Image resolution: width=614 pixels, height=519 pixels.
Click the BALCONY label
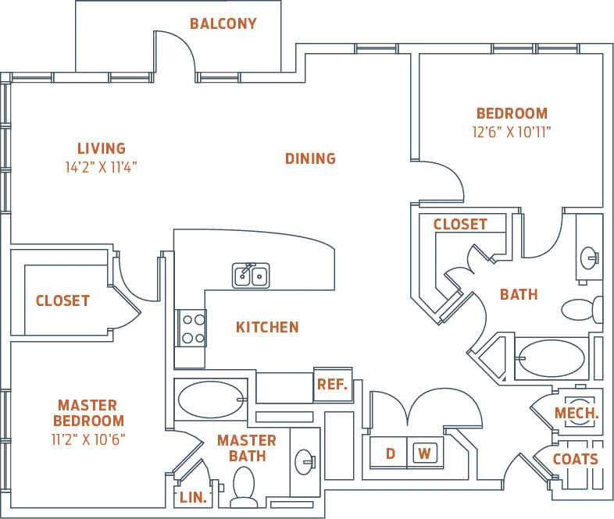click(x=223, y=23)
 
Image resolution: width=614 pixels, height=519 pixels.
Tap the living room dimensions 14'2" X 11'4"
click(x=102, y=166)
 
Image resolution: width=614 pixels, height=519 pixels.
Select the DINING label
click(x=310, y=158)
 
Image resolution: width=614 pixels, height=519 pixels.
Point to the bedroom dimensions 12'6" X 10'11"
click(x=512, y=132)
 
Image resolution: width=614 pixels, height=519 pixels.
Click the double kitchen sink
click(x=251, y=275)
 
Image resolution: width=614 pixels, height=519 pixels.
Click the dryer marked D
click(x=390, y=453)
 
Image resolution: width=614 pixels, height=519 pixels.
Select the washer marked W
click(x=424, y=453)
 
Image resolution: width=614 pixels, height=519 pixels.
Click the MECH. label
click(x=577, y=413)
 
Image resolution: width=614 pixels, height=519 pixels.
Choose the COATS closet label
click(x=576, y=459)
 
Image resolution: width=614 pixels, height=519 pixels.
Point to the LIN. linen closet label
click(x=194, y=497)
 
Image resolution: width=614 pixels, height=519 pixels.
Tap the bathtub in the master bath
click(x=210, y=400)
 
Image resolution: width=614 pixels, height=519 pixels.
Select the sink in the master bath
click(x=304, y=463)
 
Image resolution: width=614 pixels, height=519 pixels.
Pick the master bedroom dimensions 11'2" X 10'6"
click(x=87, y=439)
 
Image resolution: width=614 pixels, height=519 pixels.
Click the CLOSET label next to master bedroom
click(x=62, y=300)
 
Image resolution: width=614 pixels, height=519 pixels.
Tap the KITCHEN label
click(x=267, y=327)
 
